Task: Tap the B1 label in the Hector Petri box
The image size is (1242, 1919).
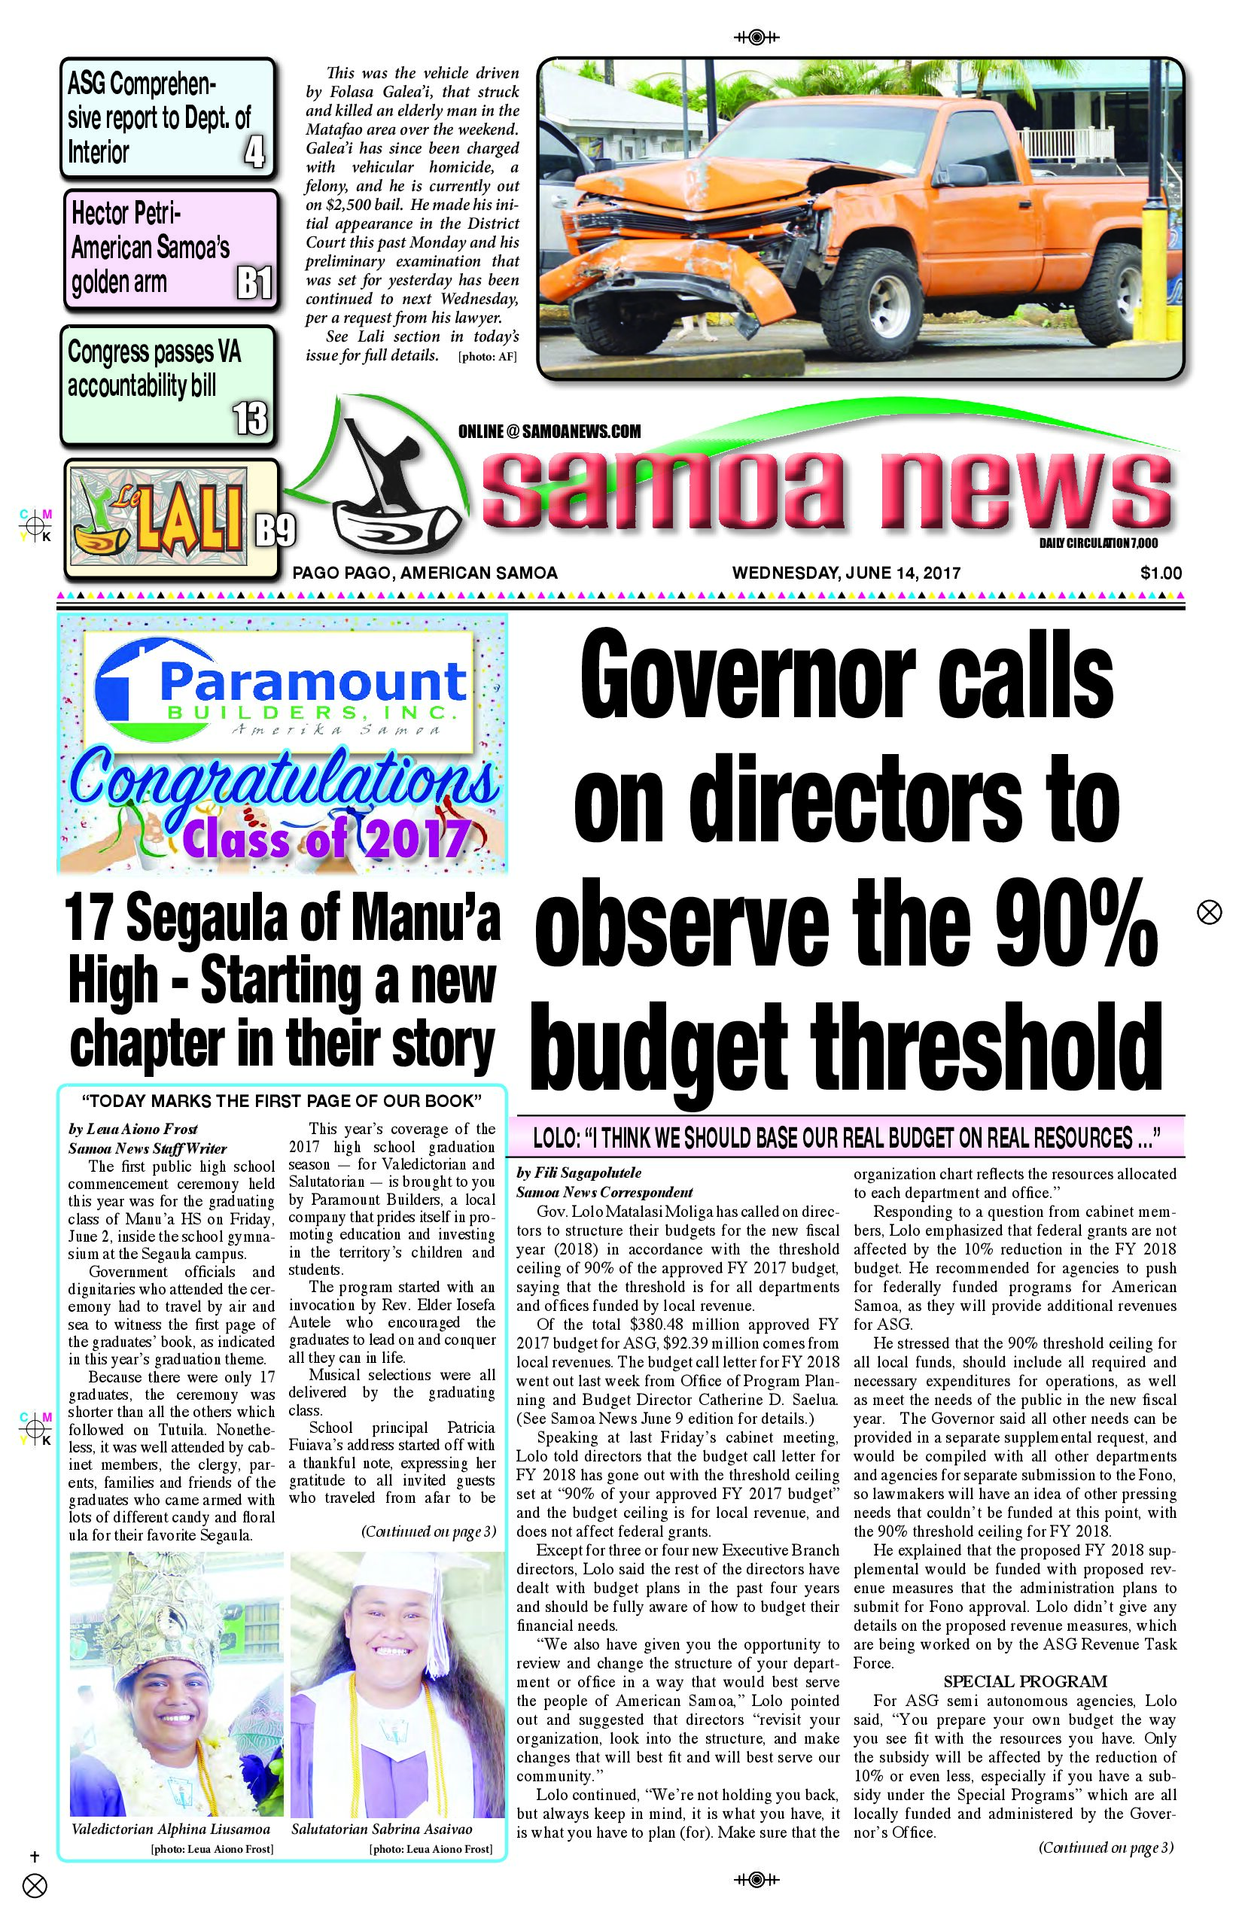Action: point(254,284)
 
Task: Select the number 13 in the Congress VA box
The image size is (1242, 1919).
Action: point(250,418)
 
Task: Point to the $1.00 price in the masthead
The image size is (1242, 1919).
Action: point(1161,573)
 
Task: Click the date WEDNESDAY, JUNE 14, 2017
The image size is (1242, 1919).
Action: point(846,573)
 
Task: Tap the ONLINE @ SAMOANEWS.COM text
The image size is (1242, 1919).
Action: point(549,431)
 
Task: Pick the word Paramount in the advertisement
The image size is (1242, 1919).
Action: point(313,682)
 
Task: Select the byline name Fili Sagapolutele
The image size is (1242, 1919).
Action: point(588,1172)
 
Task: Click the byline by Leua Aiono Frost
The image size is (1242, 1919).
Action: point(133,1129)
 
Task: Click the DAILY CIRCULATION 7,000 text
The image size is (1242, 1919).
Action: point(1097,544)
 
